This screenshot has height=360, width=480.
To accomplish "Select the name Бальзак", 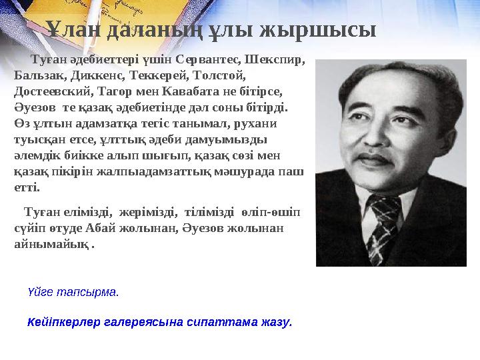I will (x=35, y=75).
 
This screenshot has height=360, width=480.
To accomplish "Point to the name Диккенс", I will (x=94, y=75).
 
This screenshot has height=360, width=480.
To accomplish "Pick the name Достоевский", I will (x=51, y=90).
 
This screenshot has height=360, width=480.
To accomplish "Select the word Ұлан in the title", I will (x=71, y=30).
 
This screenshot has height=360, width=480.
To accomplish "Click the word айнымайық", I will (x=51, y=243).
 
